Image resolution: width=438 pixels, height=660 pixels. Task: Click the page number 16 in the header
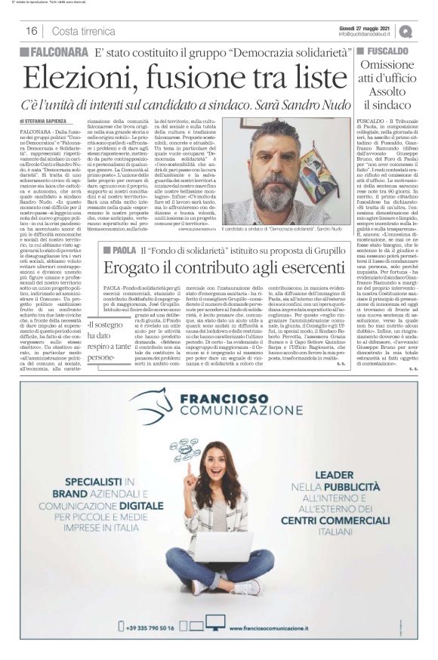click(32, 31)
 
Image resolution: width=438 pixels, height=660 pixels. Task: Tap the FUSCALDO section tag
click(387, 51)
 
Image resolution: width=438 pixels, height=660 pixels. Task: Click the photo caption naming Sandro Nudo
click(289, 228)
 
